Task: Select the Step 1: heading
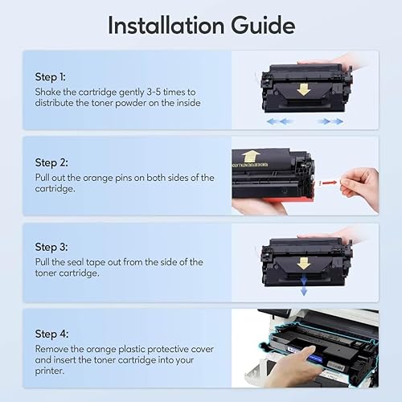pyautogui.click(x=50, y=77)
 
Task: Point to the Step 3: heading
pyautogui.click(x=51, y=248)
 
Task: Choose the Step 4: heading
pyautogui.click(x=51, y=333)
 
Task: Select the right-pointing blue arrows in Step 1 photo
pyautogui.click(x=330, y=121)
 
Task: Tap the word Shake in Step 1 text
pyautogui.click(x=50, y=92)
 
